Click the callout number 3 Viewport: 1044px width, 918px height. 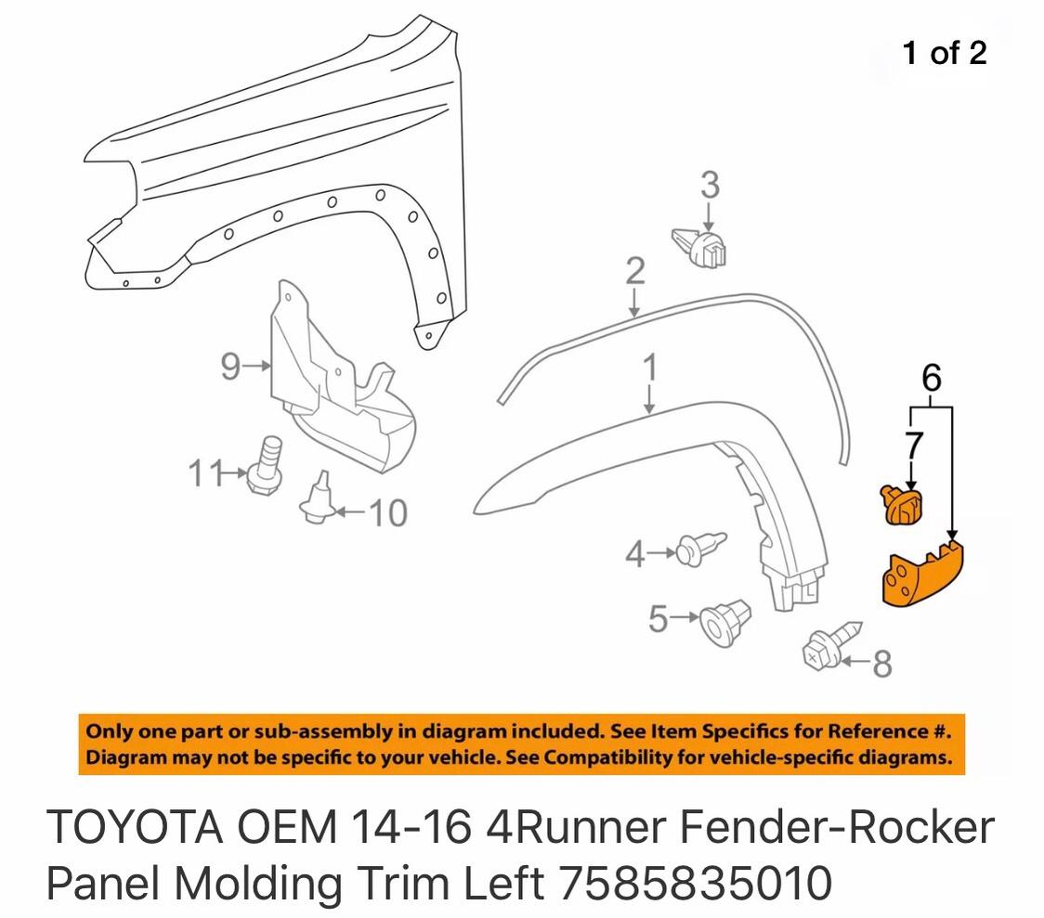pos(710,185)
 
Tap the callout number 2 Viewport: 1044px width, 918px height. pos(635,271)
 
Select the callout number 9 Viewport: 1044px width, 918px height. pos(230,367)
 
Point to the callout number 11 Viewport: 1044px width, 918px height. pos(205,473)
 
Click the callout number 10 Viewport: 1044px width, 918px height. pos(387,513)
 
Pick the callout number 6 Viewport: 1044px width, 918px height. pos(932,378)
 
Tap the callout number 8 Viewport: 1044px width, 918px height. pos(882,664)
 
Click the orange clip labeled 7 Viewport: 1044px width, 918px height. pos(903,506)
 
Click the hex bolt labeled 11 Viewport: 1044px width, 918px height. pos(267,466)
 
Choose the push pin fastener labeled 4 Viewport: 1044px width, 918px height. pos(700,549)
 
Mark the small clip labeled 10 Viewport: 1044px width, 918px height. pos(319,498)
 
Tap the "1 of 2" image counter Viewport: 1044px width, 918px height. pos(944,53)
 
